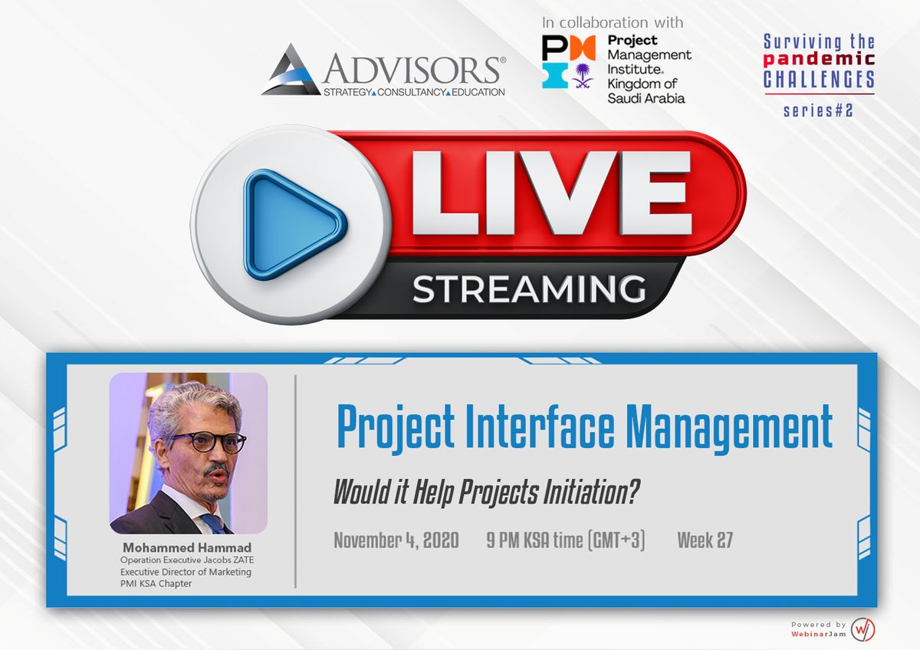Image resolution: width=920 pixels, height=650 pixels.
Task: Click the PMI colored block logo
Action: click(569, 62)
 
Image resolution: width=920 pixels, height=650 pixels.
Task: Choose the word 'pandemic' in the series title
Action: click(819, 59)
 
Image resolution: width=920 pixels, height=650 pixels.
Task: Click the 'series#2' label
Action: click(818, 111)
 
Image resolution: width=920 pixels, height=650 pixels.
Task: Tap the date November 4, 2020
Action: click(396, 540)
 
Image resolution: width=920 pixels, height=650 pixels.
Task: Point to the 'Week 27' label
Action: click(705, 540)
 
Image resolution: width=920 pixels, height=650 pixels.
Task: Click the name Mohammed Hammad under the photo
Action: click(188, 548)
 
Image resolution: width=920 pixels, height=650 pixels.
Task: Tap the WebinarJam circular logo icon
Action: click(863, 629)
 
